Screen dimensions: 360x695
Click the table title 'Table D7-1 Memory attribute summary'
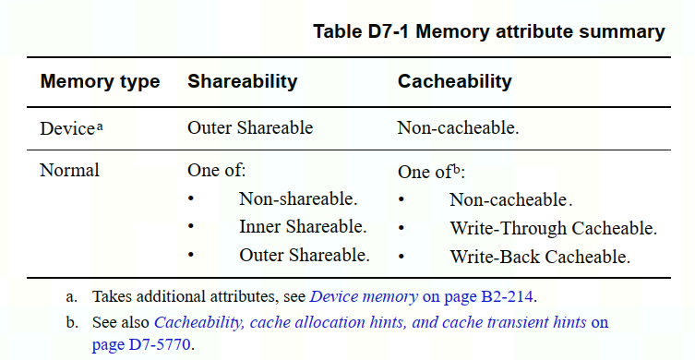tap(489, 32)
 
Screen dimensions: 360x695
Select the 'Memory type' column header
tap(100, 81)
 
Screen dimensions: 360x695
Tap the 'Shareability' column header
tap(242, 81)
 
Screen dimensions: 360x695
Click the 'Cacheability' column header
tap(454, 81)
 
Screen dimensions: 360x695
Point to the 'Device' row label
tap(66, 128)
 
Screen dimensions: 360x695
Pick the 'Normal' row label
tap(69, 171)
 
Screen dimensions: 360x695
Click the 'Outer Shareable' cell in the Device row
tap(250, 128)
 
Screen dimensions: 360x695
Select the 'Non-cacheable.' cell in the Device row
tap(458, 128)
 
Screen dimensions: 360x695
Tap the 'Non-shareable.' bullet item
tap(297, 198)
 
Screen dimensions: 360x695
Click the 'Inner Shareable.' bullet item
tap(303, 226)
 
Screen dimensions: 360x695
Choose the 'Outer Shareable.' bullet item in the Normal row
tap(304, 255)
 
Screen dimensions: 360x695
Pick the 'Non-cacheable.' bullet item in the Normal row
tap(510, 199)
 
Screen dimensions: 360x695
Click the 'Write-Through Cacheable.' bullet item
tap(553, 227)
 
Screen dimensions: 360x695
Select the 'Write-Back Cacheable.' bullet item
tap(540, 256)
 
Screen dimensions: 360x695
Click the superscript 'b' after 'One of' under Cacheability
tap(458, 169)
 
